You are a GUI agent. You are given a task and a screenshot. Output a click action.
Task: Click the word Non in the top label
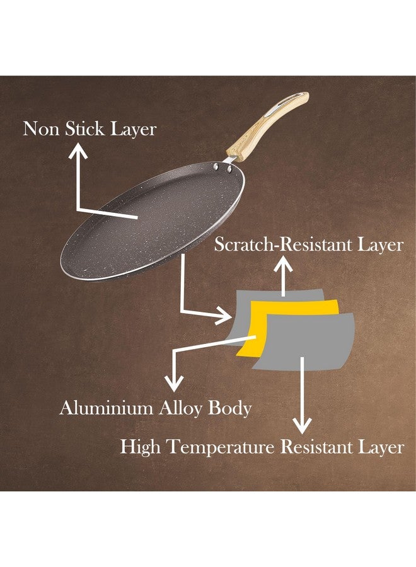[x=41, y=129]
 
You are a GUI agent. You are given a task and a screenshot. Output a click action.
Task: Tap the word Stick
[x=84, y=129]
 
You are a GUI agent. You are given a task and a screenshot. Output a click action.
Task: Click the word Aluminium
[x=107, y=408]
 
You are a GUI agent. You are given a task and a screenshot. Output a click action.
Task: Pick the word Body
[x=230, y=409]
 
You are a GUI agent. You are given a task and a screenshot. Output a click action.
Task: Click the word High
[x=141, y=447]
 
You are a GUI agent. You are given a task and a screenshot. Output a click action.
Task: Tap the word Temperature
[x=222, y=447]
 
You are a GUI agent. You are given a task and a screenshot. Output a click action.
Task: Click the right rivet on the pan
[x=229, y=168]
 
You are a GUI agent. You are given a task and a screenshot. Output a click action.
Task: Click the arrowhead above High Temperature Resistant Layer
[x=302, y=425]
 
